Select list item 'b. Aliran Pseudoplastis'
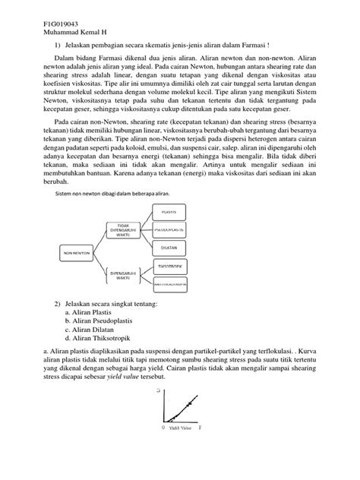101,321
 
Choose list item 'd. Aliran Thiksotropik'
99,339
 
